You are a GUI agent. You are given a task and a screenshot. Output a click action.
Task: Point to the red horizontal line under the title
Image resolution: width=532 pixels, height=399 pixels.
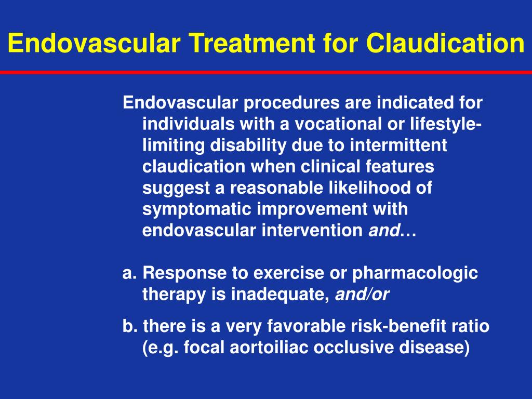coord(266,72)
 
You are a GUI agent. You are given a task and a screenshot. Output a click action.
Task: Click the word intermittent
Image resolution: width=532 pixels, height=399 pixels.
coord(398,146)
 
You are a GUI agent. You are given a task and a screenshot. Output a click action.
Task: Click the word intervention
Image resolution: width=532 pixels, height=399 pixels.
coord(312,231)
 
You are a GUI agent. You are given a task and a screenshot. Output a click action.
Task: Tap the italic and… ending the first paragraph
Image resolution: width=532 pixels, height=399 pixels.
coord(392,231)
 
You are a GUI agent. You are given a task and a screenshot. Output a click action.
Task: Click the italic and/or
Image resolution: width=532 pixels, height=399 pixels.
coord(362,295)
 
